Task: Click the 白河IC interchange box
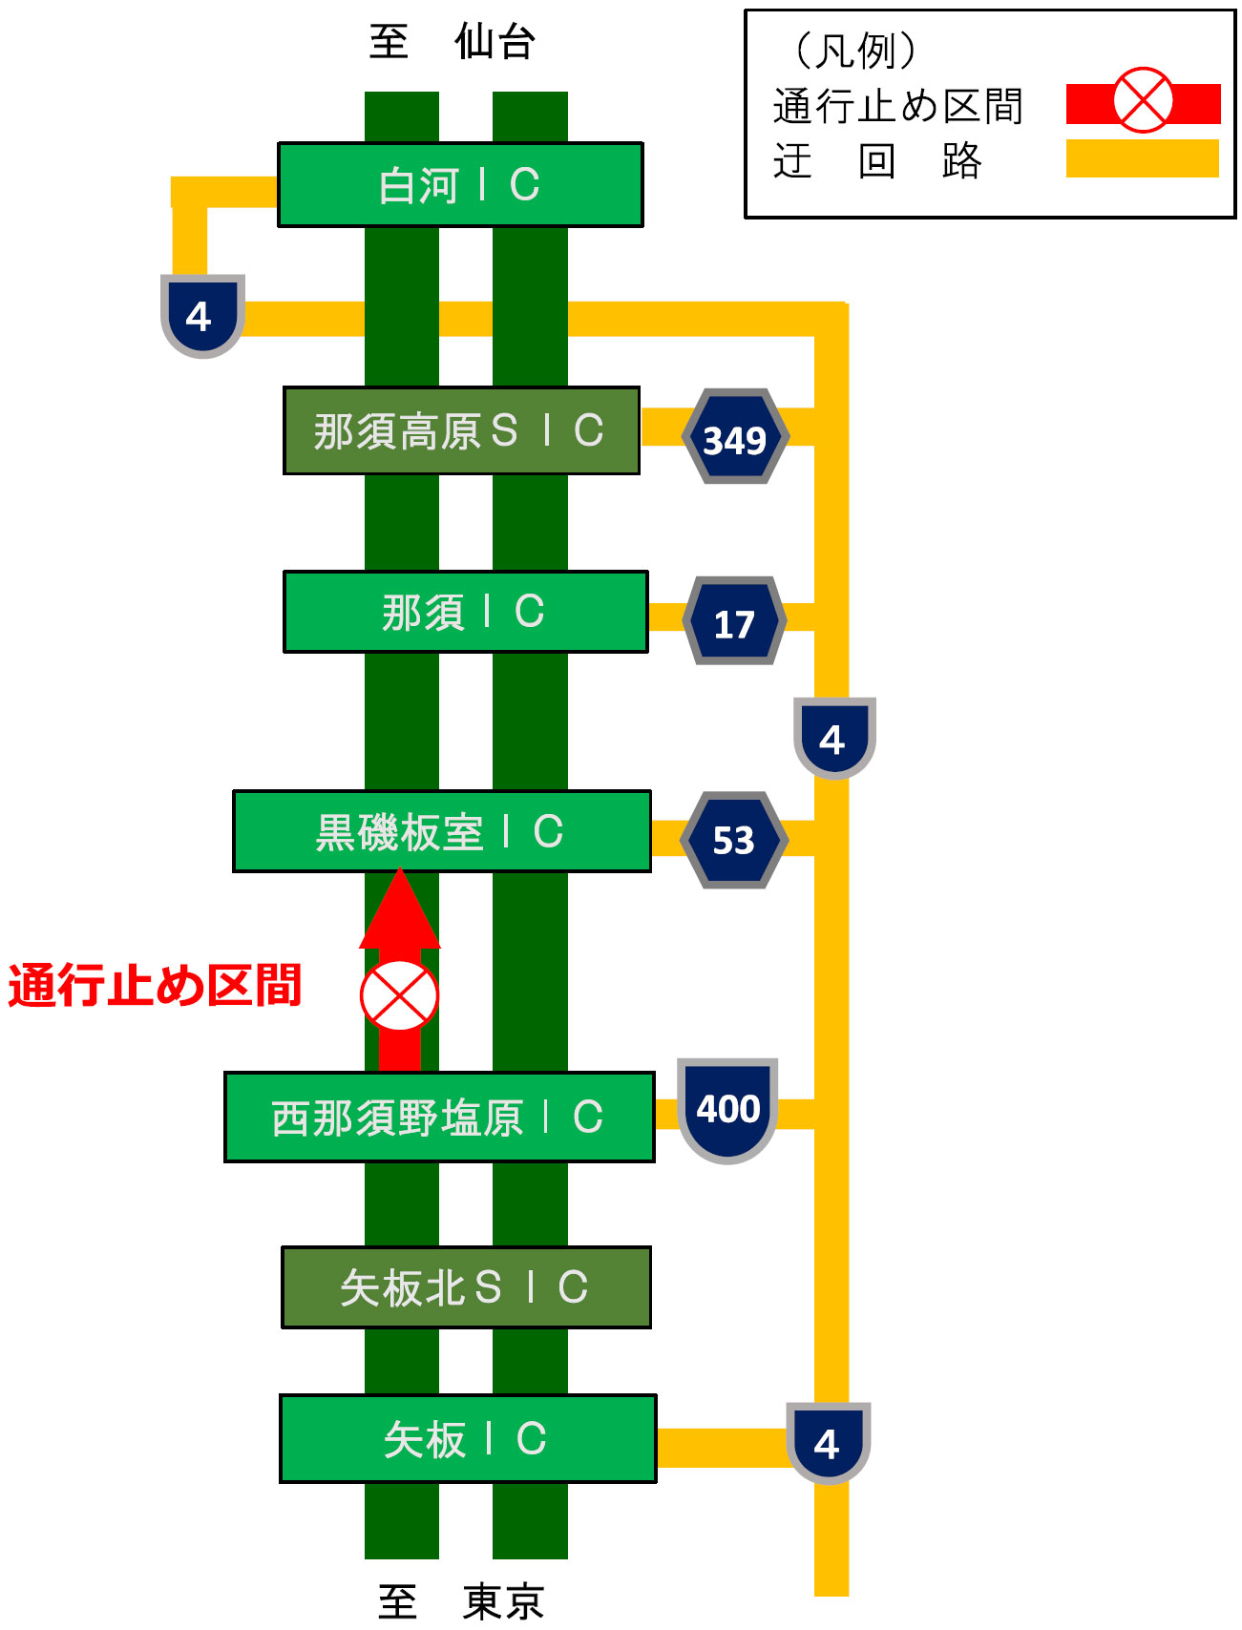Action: [460, 185]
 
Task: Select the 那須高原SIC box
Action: [461, 430]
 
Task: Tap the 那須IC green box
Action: [465, 612]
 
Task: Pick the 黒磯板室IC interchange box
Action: [441, 831]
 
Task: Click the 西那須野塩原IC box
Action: [439, 1117]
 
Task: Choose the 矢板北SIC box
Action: [466, 1287]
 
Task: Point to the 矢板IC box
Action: [468, 1438]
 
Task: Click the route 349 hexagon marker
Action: [735, 437]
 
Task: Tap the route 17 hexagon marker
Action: [734, 621]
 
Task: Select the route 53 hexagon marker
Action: [733, 840]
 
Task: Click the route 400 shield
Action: [727, 1109]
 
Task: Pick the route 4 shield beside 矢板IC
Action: [828, 1442]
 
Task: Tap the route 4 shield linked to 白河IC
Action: [201, 315]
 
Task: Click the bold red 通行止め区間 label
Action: [155, 986]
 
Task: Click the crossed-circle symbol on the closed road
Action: [399, 995]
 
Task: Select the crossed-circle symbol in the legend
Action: [1143, 99]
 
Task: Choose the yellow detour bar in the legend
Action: [1142, 158]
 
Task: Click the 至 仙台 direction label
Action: [452, 42]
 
